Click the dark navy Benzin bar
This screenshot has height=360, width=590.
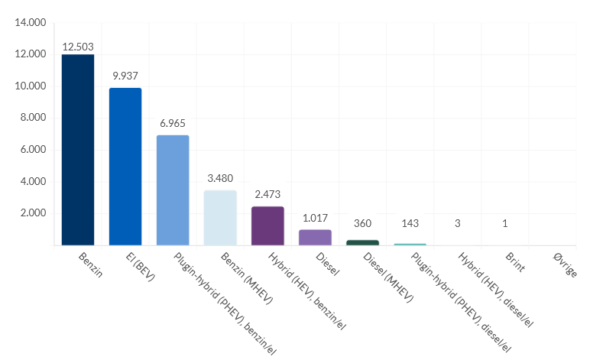coord(78,150)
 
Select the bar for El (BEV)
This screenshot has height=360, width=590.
coord(125,167)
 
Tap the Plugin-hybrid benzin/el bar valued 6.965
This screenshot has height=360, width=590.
coord(173,190)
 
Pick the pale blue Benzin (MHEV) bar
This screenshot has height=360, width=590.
coord(220,218)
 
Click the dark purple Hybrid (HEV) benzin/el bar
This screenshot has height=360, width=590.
coord(267,226)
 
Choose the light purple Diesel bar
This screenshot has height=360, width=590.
coord(315,238)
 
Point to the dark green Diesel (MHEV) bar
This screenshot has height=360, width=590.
coord(362,242)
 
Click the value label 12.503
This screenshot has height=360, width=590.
coord(78,47)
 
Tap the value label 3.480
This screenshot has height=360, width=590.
coord(220,178)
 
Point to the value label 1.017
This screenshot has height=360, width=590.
coord(315,217)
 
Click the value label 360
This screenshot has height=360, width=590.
coord(362,223)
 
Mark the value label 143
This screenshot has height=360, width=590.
coord(410,223)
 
